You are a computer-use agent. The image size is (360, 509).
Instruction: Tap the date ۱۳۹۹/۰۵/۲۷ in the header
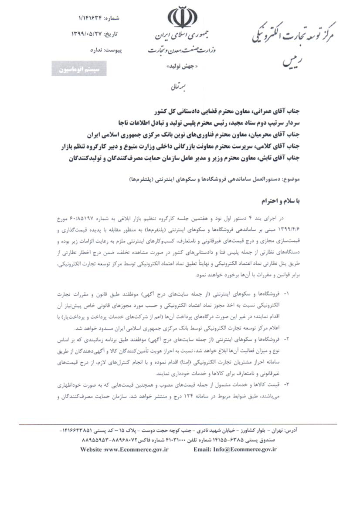pyautogui.click(x=88, y=34)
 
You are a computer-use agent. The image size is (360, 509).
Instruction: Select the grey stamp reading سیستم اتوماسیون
pyautogui.click(x=79, y=68)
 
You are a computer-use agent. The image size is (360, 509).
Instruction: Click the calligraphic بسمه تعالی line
pyautogui.click(x=180, y=87)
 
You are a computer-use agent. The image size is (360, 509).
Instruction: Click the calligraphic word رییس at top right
pyautogui.click(x=291, y=61)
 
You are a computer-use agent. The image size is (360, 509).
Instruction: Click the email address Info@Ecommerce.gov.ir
pyautogui.click(x=235, y=449)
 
